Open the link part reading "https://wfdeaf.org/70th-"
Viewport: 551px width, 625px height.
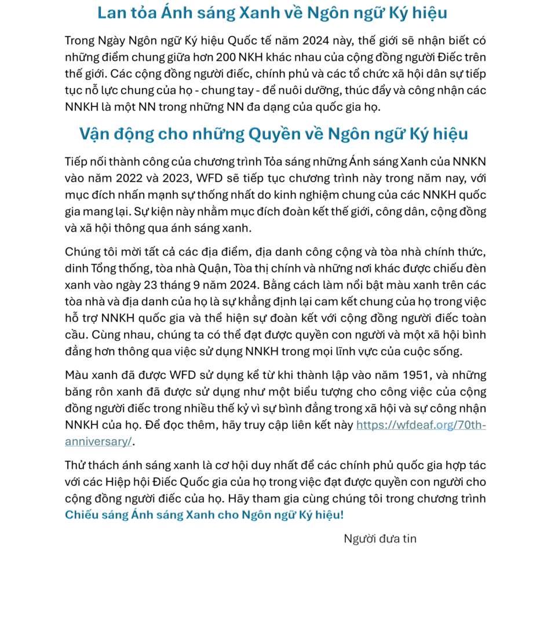[x=421, y=425]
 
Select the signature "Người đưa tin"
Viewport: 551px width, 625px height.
[x=380, y=539]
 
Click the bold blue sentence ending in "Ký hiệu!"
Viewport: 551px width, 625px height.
[x=204, y=515]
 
